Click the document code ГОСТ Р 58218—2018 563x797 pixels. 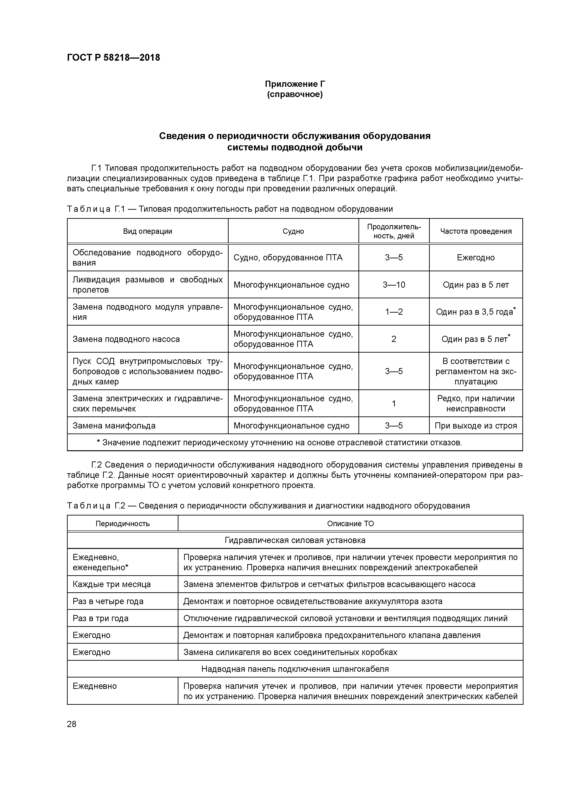(x=114, y=58)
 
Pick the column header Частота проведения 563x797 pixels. (x=476, y=231)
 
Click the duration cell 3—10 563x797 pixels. (x=394, y=285)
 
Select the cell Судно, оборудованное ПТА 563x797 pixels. (x=288, y=258)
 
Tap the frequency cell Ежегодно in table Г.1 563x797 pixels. (x=476, y=258)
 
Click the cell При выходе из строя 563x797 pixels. (x=476, y=426)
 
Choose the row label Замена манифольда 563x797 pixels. (x=114, y=426)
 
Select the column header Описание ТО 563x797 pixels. (x=350, y=523)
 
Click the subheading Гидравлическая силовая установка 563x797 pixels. (x=295, y=540)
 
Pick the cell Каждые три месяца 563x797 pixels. (x=112, y=584)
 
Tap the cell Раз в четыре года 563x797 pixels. (x=108, y=601)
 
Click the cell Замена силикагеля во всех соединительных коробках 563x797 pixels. (x=290, y=652)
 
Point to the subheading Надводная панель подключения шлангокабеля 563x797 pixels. (x=295, y=669)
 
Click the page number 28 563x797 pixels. (x=72, y=724)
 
